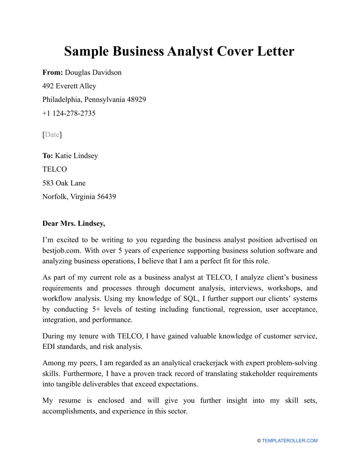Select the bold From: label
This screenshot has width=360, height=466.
tap(53, 72)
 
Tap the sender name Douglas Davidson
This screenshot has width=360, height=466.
tap(93, 72)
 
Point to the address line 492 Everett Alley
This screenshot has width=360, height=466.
tap(69, 86)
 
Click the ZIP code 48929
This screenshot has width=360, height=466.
tap(136, 100)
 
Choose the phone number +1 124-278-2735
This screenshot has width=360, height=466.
tap(69, 113)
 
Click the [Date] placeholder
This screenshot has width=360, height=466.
tap(52, 134)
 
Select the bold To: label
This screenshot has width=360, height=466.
tap(48, 156)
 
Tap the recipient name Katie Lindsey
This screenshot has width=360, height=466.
tap(77, 156)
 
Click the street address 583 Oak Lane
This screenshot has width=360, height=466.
tap(64, 183)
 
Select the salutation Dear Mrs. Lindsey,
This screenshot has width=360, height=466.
tap(74, 224)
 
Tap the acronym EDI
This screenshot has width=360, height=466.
tap(49, 347)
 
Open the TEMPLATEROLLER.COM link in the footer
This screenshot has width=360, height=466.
tap(290, 441)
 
